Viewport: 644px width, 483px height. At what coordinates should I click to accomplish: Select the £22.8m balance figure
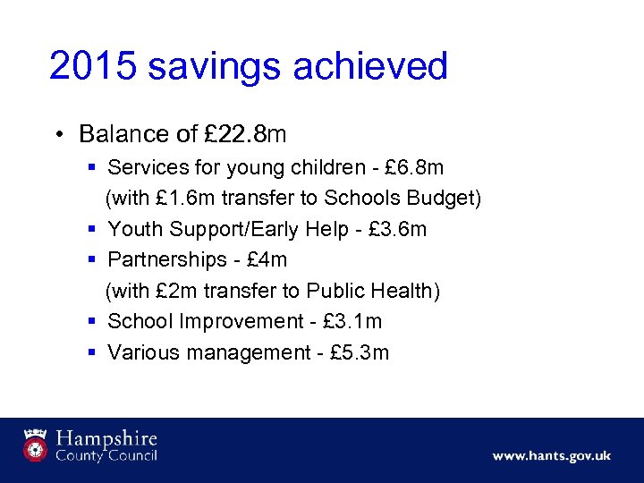(245, 134)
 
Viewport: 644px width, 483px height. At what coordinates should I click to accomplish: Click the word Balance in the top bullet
(123, 134)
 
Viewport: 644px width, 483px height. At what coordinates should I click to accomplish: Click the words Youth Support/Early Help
(228, 229)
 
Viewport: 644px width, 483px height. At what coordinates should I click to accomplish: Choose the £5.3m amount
(360, 352)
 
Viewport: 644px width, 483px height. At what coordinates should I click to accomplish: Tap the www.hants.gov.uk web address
(551, 455)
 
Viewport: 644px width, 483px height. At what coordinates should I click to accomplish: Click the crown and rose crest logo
(36, 445)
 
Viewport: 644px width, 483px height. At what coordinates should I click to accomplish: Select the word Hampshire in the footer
(106, 439)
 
